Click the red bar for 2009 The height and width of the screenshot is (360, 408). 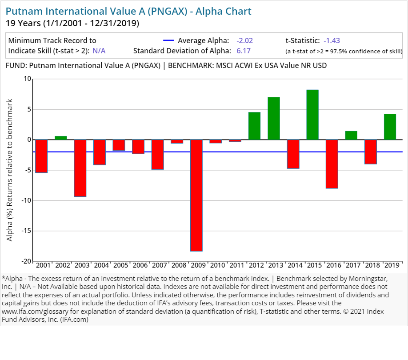(196, 195)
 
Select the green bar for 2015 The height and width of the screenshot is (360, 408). (312, 115)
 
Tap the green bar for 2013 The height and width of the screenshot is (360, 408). (274, 118)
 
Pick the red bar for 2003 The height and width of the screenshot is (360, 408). (80, 168)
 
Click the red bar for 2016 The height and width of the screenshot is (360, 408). (332, 164)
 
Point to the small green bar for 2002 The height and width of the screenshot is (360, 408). (61, 138)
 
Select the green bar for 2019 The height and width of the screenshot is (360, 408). (390, 127)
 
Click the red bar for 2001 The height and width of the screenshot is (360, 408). (41, 156)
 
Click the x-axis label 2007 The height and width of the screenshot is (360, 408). (160, 265)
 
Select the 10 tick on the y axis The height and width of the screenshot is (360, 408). (28, 79)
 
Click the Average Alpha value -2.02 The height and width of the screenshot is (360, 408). (244, 40)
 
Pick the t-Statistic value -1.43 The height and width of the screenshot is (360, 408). (332, 40)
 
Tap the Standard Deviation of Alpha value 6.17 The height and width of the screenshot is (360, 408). (243, 51)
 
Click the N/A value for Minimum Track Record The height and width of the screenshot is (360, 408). (99, 51)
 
